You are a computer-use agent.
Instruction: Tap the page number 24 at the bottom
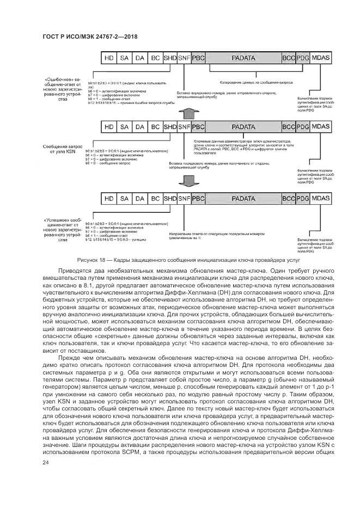(x=45, y=463)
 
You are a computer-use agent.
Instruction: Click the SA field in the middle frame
(x=125, y=126)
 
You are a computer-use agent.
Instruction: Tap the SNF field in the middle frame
(x=184, y=126)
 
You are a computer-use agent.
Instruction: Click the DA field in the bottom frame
(x=140, y=198)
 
